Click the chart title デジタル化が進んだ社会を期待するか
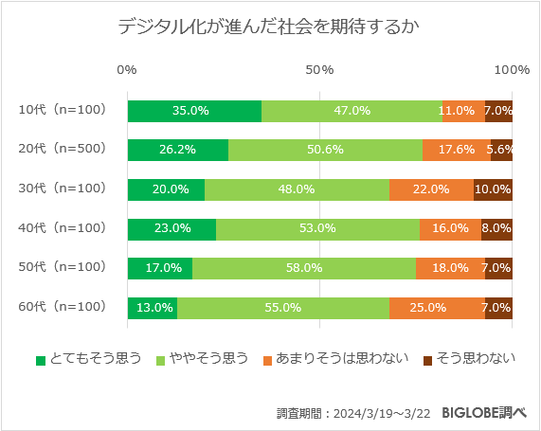[270, 27]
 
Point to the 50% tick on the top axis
[319, 70]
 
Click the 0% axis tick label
[127, 70]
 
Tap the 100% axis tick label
[513, 70]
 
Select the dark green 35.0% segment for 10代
[193, 110]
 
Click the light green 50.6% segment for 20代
[325, 150]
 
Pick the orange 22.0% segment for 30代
[431, 189]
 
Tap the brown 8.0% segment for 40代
[496, 228]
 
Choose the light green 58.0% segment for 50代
[303, 268]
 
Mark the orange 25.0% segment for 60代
[437, 308]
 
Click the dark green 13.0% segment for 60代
[152, 308]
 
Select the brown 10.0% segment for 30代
[493, 189]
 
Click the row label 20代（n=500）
[62, 149]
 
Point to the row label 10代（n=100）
[62, 109]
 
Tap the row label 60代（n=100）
[62, 307]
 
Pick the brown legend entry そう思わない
[470, 358]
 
